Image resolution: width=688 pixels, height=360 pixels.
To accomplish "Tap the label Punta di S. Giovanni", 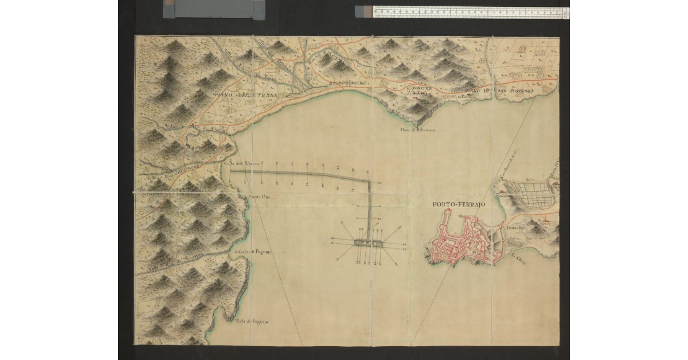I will click(418, 131).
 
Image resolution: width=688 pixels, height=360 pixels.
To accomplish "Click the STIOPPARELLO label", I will click(349, 84).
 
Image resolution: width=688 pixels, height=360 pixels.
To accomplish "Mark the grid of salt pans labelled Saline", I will click(530, 195).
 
